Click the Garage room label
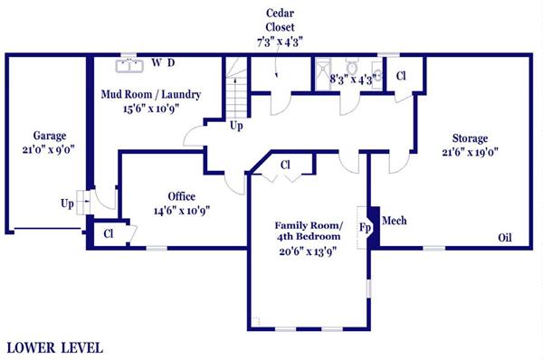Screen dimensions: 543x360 click(x=50, y=136)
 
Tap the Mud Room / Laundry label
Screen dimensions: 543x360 click(x=150, y=94)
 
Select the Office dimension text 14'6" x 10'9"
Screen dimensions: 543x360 click(x=182, y=211)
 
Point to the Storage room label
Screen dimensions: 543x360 click(x=470, y=138)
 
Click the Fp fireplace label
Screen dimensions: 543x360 click(x=365, y=227)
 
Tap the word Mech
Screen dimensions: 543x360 click(x=394, y=221)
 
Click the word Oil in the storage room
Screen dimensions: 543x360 click(x=505, y=238)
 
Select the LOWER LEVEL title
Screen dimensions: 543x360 click(x=55, y=348)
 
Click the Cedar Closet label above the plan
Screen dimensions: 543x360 click(x=280, y=20)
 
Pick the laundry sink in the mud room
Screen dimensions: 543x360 click(x=129, y=66)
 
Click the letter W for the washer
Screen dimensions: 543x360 click(x=157, y=62)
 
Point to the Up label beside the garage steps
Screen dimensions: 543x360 click(x=67, y=204)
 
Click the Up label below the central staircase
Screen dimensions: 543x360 click(x=236, y=126)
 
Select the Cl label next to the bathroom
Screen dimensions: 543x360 click(x=401, y=76)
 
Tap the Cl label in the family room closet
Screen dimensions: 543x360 click(x=285, y=166)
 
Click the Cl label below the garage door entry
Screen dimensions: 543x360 click(x=109, y=234)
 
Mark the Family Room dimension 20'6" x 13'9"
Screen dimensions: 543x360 click(x=309, y=251)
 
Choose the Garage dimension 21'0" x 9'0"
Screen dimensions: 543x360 click(x=49, y=150)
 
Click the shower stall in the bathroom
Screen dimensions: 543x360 click(x=323, y=74)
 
